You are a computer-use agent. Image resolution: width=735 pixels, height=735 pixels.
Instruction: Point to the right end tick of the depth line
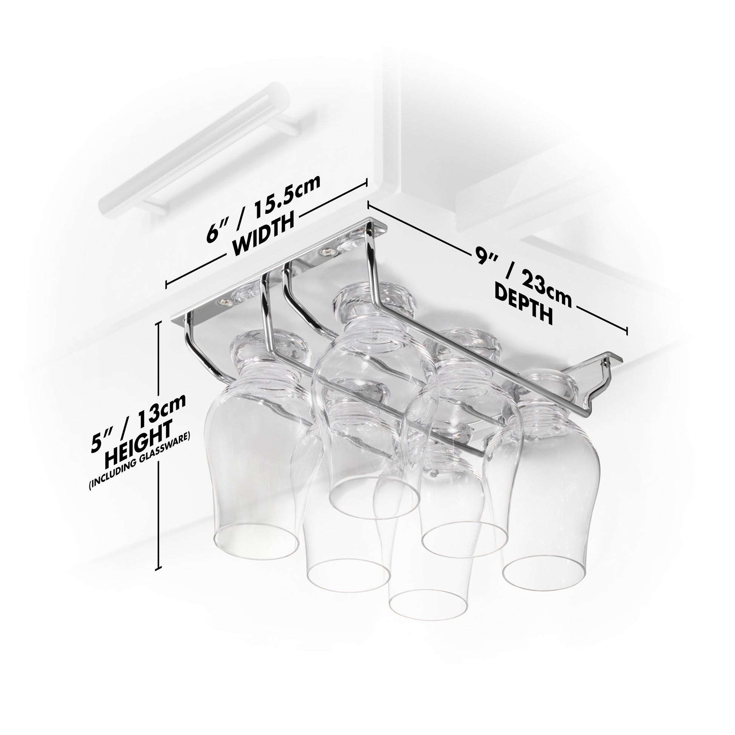[x=626, y=330]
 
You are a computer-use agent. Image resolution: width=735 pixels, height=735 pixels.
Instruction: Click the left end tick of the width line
[x=167, y=283]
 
